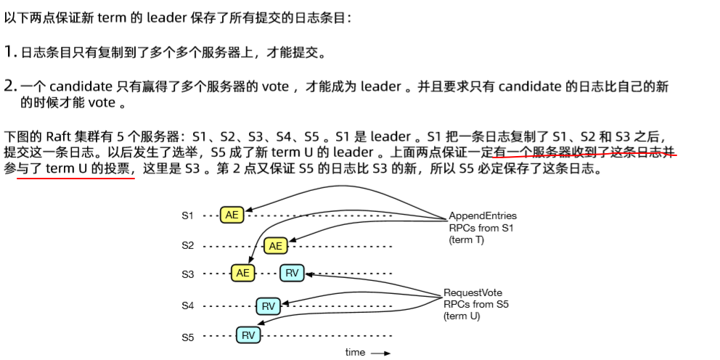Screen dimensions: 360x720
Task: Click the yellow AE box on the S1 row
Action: [x=232, y=216]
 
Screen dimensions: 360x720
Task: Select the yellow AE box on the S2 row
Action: [x=275, y=246]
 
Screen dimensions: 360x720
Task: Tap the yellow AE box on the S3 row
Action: [x=243, y=274]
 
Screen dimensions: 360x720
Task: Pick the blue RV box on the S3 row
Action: [x=292, y=274]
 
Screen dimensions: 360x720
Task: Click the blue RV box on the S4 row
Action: [x=269, y=306]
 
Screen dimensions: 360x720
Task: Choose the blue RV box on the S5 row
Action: [x=248, y=335]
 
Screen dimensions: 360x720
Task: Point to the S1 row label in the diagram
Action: [x=188, y=216]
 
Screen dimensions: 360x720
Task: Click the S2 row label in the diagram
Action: [x=188, y=246]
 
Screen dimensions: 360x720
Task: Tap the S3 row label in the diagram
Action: [x=188, y=274]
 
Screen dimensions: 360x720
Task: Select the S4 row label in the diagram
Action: [x=188, y=306]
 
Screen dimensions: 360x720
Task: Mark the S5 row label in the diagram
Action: [x=188, y=336]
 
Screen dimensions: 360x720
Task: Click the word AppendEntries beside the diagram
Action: [x=483, y=216]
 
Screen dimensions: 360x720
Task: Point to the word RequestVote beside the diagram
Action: [x=472, y=293]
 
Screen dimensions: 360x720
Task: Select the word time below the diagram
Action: [x=356, y=352]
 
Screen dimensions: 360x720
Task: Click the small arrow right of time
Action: [x=381, y=353]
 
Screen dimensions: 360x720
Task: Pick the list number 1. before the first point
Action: [x=10, y=52]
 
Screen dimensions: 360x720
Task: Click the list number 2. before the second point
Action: [x=10, y=87]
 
